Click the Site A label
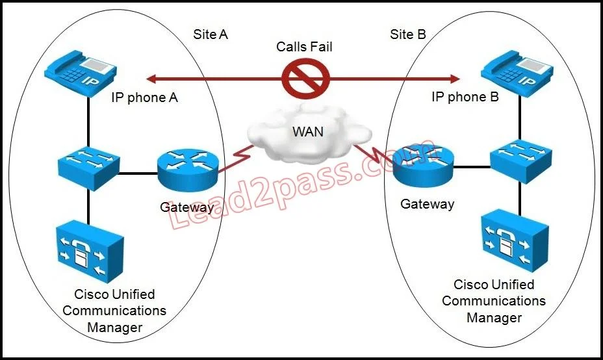tap(211, 34)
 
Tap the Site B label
tap(408, 34)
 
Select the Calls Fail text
tap(304, 47)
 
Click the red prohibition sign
tap(306, 79)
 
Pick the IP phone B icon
tap(517, 72)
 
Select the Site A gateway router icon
tap(188, 170)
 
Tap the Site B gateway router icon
tap(424, 166)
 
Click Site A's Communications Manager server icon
tap(90, 251)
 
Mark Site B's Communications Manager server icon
tap(515, 241)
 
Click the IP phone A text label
tap(145, 97)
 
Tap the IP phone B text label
tap(465, 97)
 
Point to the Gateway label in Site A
tap(187, 207)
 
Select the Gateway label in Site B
tap(428, 204)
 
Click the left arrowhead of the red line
tap(151, 79)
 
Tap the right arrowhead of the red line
tap(455, 79)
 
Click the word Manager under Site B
tap(494, 318)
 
